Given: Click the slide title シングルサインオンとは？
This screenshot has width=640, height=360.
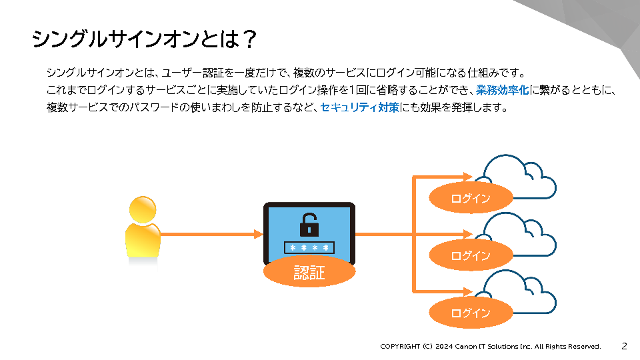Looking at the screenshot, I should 144,39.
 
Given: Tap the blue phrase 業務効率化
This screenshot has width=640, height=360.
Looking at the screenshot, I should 503,90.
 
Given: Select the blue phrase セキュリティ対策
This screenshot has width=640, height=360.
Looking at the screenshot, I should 359,107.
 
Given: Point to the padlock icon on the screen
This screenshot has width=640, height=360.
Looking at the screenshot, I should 309,225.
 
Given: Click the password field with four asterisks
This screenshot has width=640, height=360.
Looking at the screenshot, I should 309,248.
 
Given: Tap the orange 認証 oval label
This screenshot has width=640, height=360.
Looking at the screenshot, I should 309,272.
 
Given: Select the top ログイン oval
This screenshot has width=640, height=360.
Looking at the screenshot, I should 471,198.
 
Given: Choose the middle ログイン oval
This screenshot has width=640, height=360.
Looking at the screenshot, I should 471,255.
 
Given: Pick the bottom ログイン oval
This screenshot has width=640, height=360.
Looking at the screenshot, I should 471,313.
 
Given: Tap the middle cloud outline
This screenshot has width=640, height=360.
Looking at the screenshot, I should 520,233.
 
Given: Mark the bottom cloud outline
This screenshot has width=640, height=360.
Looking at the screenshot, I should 520,290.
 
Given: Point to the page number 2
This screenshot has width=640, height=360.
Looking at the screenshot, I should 624,346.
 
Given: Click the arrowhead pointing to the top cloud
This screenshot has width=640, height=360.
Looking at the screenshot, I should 475,177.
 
